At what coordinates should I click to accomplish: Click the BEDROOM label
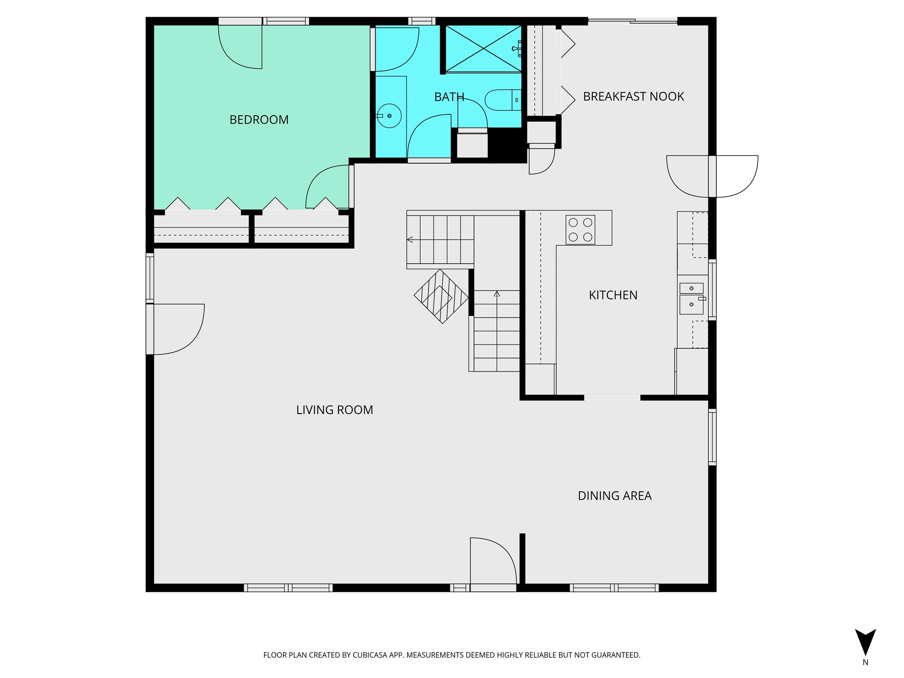(259, 120)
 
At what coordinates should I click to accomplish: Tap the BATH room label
(449, 97)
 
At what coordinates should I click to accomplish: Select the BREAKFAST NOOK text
(633, 97)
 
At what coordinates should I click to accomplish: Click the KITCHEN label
(613, 295)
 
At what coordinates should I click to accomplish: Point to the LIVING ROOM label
(334, 410)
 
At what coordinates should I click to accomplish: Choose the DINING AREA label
(614, 496)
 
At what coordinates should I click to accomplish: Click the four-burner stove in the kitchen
(580, 230)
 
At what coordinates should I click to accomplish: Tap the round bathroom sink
(389, 116)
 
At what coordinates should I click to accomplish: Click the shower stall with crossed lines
(483, 49)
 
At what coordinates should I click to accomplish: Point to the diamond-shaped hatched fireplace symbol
(441, 297)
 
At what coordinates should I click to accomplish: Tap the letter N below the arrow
(865, 663)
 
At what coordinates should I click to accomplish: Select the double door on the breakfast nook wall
(712, 176)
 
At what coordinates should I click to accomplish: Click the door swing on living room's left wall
(177, 329)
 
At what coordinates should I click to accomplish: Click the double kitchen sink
(691, 299)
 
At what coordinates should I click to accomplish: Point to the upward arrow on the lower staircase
(497, 294)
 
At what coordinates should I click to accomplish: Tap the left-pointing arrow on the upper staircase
(410, 240)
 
